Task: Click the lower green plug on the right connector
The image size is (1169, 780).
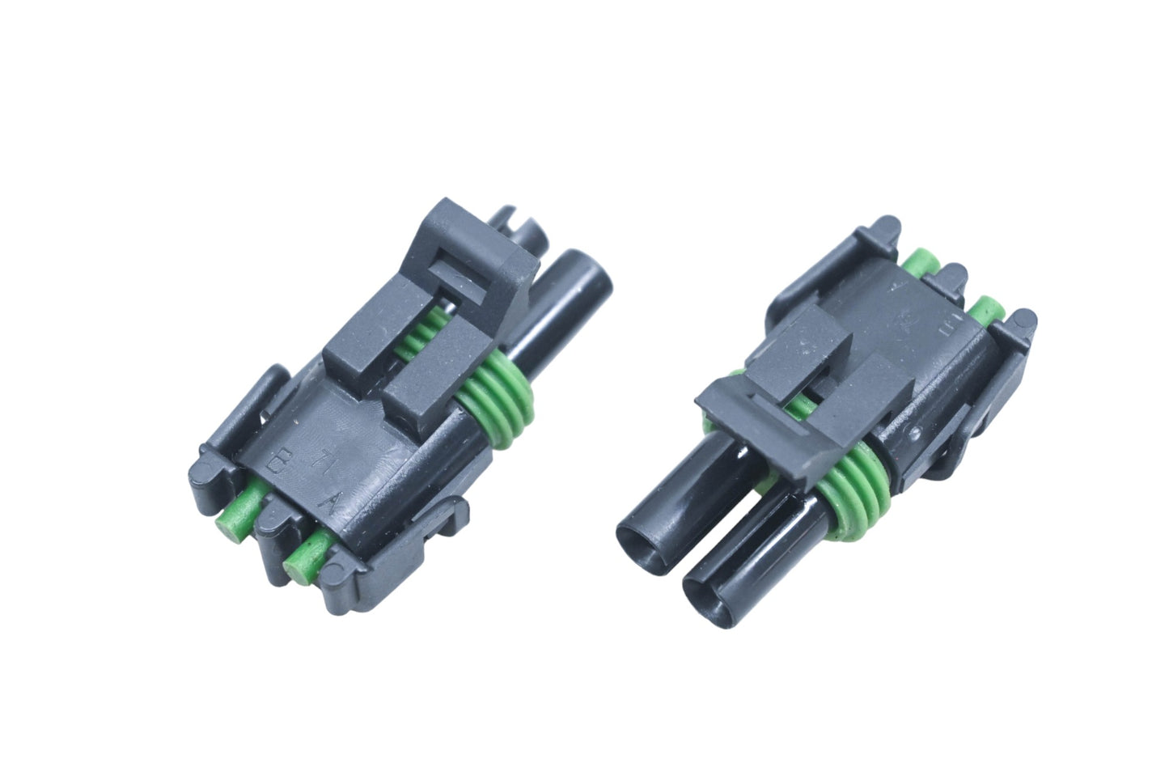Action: click(986, 312)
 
